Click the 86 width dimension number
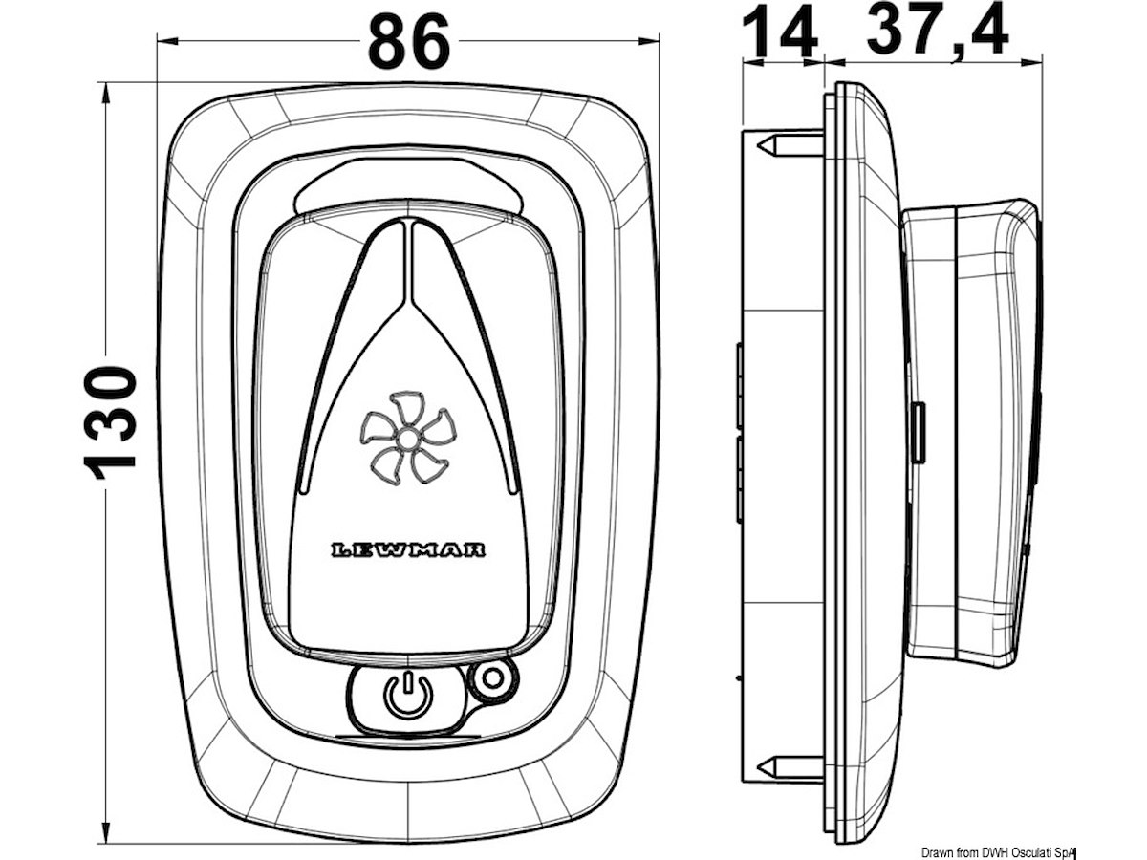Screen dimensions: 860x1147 [x=408, y=43]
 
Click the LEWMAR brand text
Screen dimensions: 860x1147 [x=408, y=549]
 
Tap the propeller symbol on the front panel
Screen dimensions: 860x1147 [x=407, y=437]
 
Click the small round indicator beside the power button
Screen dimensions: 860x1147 [x=492, y=679]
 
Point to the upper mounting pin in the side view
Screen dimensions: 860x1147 [x=789, y=146]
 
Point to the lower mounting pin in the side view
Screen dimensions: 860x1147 [x=789, y=766]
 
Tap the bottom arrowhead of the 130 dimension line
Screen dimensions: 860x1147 [x=105, y=835]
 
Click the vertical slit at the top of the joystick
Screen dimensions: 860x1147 [x=408, y=258]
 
